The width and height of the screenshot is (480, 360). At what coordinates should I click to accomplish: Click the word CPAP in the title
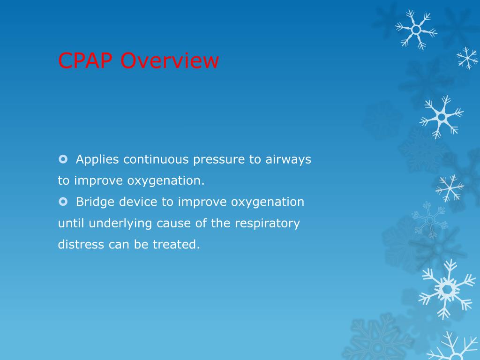[x=85, y=60]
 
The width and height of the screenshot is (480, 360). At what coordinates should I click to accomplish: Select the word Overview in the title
[x=170, y=60]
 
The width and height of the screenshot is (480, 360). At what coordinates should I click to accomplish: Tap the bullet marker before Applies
[x=63, y=159]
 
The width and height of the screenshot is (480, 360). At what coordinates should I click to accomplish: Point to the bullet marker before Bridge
[x=63, y=202]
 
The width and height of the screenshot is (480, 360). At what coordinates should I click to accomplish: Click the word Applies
[x=97, y=160]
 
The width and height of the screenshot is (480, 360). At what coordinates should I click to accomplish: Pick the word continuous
[x=156, y=159]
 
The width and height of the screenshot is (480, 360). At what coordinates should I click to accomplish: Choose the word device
[x=138, y=202]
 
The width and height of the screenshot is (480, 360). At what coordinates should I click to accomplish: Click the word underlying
[x=120, y=224]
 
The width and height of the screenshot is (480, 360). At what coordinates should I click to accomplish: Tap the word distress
[x=81, y=244]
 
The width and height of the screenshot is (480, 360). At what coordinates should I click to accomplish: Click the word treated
[x=176, y=244]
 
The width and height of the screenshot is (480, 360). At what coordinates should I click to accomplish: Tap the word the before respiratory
[x=220, y=223]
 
